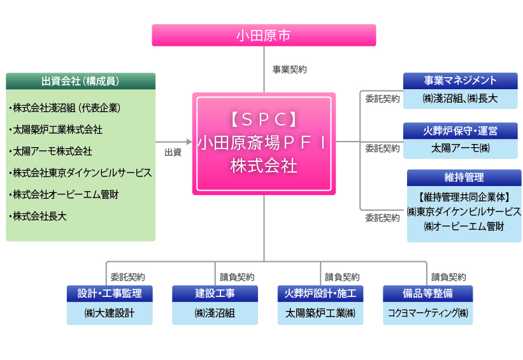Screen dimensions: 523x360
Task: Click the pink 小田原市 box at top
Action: pyautogui.click(x=264, y=35)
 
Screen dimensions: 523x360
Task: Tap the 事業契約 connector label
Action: pyautogui.click(x=289, y=69)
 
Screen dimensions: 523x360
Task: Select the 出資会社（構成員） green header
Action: pyautogui.click(x=80, y=81)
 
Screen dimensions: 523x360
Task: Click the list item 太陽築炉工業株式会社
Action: pyautogui.click(x=55, y=129)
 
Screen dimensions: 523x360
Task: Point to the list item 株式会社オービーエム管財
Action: pyautogui.click(x=64, y=194)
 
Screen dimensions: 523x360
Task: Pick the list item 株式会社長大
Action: pyautogui.click(x=38, y=216)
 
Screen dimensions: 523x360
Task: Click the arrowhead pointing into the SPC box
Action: pyautogui.click(x=189, y=142)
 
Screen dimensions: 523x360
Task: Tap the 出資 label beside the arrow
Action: pyautogui.click(x=173, y=152)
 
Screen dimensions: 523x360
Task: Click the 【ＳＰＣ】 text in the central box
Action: pyautogui.click(x=264, y=119)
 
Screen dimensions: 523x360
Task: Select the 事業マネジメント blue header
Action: pyautogui.click(x=461, y=81)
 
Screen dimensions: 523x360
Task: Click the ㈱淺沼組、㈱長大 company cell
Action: pyautogui.click(x=461, y=99)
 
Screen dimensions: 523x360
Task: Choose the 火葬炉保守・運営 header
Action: pyautogui.click(x=461, y=131)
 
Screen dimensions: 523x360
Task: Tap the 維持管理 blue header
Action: pyautogui.click(x=464, y=178)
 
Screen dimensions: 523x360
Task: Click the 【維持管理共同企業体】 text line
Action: pyautogui.click(x=464, y=197)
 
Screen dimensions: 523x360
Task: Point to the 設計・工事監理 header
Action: pyautogui.click(x=110, y=294)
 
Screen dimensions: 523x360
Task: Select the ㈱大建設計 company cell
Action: pyautogui.click(x=110, y=313)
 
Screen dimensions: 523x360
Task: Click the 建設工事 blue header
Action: pyautogui.click(x=215, y=294)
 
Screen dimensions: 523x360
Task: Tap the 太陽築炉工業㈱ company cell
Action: pyautogui.click(x=320, y=313)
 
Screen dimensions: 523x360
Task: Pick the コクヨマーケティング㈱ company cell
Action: pyautogui.click(x=428, y=313)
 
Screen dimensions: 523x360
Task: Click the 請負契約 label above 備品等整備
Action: pyautogui.click(x=448, y=277)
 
